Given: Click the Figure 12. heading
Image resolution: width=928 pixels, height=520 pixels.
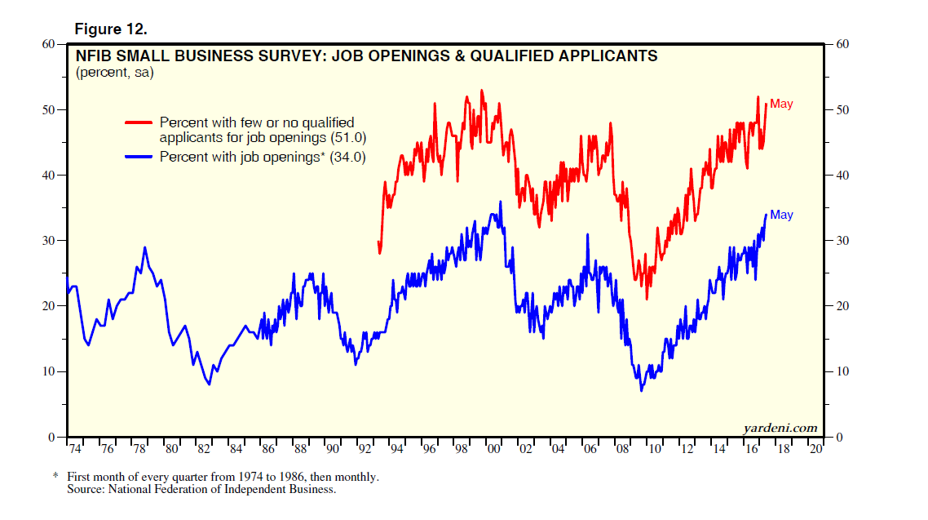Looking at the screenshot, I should click(111, 29).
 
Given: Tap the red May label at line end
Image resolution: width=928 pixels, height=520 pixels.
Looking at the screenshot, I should click(781, 104).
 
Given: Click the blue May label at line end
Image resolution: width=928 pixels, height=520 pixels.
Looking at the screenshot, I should click(781, 215).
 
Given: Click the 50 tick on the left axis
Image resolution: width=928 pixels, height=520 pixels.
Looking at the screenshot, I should click(48, 109).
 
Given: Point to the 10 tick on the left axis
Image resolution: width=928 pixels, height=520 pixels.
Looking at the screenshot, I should click(48, 371).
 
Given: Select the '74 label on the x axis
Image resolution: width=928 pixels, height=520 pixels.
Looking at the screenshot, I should click(74, 450).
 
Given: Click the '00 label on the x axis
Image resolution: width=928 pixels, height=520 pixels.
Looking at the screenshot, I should click(493, 450).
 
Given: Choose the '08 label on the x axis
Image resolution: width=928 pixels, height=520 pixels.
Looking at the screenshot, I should click(623, 450).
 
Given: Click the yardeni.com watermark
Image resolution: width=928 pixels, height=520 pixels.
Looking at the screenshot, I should click(780, 428).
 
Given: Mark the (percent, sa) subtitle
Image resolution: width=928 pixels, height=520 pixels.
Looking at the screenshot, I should click(115, 73).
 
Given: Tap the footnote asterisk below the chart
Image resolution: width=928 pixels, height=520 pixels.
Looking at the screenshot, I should click(55, 476).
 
